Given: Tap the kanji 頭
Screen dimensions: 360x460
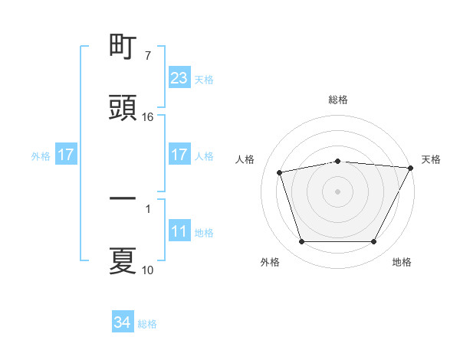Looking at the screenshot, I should click(x=123, y=108).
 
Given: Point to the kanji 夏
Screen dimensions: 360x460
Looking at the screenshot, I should click(x=123, y=260).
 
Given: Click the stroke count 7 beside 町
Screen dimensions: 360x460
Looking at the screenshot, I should click(x=147, y=57).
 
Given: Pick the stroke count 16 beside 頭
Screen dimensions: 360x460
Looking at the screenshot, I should click(x=148, y=117).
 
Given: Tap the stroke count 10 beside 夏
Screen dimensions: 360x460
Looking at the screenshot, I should click(x=148, y=270).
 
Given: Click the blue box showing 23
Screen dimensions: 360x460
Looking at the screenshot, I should click(x=179, y=78).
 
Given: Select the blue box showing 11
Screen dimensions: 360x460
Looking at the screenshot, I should click(x=179, y=231).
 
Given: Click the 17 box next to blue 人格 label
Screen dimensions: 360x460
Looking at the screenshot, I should click(x=179, y=155).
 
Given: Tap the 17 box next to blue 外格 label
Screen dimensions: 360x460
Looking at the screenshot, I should click(x=66, y=155).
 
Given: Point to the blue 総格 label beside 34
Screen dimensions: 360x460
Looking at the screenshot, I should click(x=147, y=324).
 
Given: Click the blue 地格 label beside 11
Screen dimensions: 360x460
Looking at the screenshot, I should click(x=204, y=232).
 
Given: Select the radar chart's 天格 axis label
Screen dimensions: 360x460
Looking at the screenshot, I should click(x=431, y=159).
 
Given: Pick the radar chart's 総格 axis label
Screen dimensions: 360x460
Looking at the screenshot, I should click(x=338, y=100).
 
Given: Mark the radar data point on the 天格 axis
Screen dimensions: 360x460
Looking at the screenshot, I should click(x=411, y=168).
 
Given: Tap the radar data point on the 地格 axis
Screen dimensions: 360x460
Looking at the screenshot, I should click(x=373, y=242).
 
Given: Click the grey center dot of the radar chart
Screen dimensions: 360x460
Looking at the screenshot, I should click(x=338, y=191).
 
